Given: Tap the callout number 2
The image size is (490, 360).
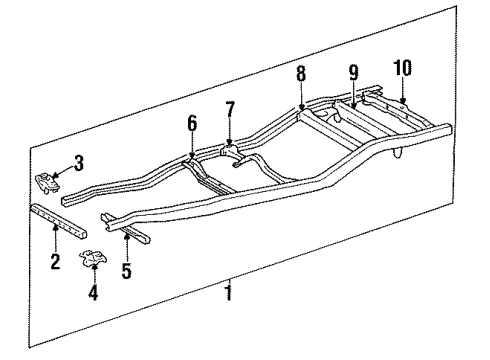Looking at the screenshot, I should tap(55, 263).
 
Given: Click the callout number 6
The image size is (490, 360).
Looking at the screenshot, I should tap(192, 123).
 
